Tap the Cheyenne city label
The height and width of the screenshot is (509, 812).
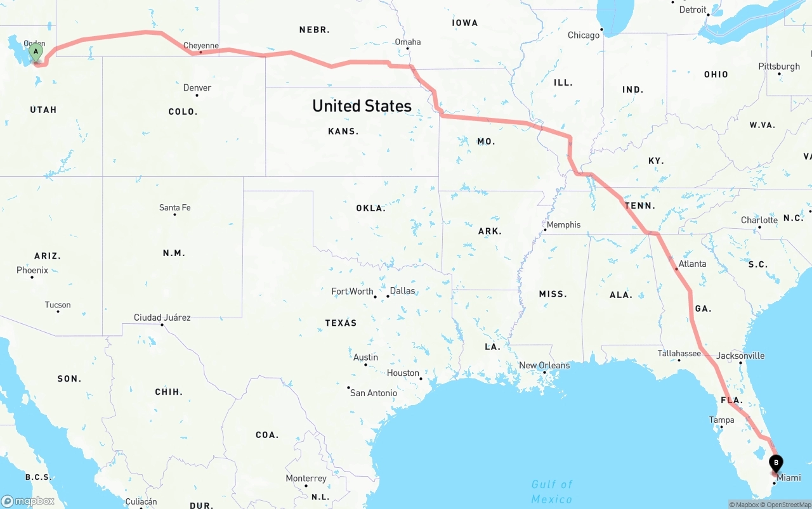coord(200,46)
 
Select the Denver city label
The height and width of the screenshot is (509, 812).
coord(197,87)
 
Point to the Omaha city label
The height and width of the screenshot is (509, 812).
coord(407,42)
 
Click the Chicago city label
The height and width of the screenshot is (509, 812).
coord(584,35)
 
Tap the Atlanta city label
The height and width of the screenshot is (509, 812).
coord(692,264)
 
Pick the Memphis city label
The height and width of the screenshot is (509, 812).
coord(563,224)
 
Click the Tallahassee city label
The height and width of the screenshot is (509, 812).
coord(679,353)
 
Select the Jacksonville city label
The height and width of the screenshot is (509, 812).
coord(740,356)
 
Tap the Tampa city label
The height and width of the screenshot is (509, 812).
coord(721,420)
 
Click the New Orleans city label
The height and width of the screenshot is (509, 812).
coord(544,365)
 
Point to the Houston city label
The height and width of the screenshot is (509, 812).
coord(403,373)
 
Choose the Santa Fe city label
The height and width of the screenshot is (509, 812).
coord(174,207)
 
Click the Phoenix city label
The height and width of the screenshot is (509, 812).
coord(32,270)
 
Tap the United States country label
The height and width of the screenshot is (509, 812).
coord(362,106)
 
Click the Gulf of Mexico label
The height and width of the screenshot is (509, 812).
coord(552,491)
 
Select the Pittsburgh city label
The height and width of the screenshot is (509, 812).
coord(779,66)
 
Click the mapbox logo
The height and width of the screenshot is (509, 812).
coord(28,501)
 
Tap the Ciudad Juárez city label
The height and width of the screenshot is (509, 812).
coord(162,317)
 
